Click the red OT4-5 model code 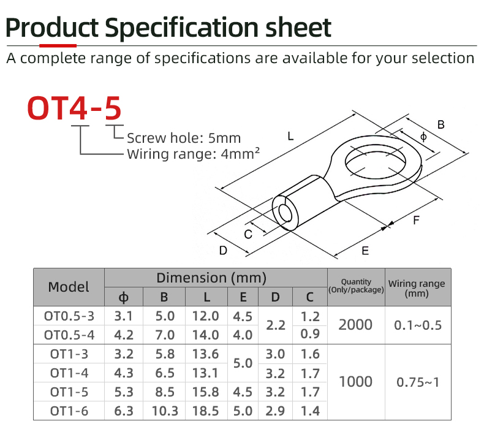click(74, 108)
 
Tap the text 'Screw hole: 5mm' click(184, 138)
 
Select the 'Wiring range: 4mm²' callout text click(193, 154)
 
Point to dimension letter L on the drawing click(290, 136)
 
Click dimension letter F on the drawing click(416, 220)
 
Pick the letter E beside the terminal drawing click(365, 251)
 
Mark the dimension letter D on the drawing click(223, 251)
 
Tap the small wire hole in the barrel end click(285, 213)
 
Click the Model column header click(69, 287)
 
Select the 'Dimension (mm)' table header click(211, 278)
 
